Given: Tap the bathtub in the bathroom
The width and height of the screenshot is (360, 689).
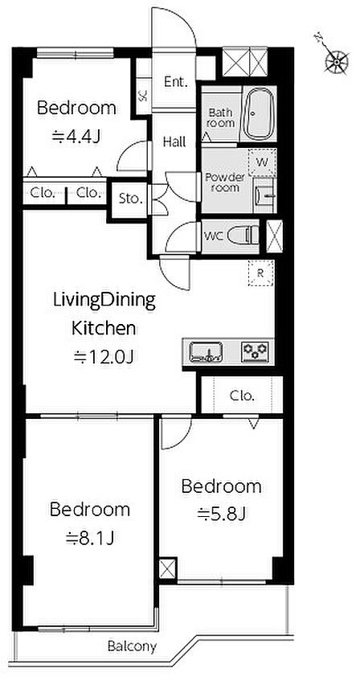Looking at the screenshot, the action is tap(259, 113).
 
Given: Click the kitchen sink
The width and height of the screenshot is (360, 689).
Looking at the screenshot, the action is tap(206, 352).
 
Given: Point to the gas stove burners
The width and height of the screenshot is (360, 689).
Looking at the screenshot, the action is tap(255, 352).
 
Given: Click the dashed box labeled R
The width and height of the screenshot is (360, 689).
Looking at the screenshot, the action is tap(261, 273).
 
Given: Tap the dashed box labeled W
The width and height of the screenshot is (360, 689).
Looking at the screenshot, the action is tap(262, 162).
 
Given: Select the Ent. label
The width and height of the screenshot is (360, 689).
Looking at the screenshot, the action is tap(175, 82).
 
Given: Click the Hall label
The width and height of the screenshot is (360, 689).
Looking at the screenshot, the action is tap(174, 142).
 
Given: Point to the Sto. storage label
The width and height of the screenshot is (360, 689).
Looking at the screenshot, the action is tap(131, 199).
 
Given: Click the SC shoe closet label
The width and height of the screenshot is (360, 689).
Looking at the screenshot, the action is tap(143, 96).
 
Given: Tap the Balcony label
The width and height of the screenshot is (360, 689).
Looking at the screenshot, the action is tap(132, 646).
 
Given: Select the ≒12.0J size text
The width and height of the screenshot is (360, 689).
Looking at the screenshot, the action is tap(103, 357).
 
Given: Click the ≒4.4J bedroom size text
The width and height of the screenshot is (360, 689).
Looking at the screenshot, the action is tap(76, 137).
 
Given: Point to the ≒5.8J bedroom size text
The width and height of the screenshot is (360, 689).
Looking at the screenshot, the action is tap(220, 513).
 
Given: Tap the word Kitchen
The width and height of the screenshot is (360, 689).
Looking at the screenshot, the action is tap(104, 328).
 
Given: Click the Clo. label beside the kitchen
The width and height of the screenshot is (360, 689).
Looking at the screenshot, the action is tap(242, 396).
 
